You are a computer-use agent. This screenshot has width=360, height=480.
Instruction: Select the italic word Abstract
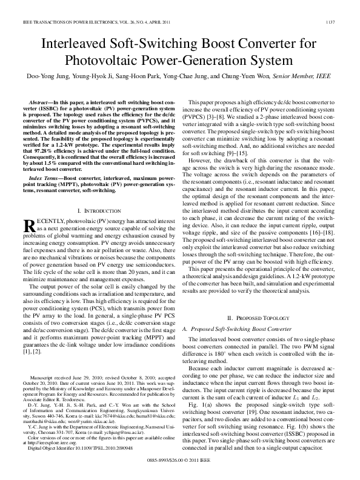tap(42, 104)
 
